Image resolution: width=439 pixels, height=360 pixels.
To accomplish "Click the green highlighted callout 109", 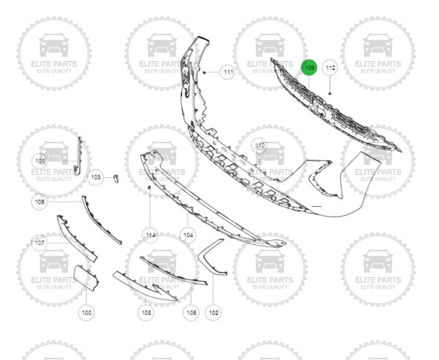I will point(309,68).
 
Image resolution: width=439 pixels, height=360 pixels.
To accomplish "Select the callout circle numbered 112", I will point(330,68).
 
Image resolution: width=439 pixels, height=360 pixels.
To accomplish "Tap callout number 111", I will point(227,72).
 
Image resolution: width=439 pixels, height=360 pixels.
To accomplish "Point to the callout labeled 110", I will point(259,145).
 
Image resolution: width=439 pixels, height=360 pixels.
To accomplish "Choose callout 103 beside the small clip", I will point(96,177).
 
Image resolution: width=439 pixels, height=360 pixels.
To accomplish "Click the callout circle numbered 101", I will point(40,161).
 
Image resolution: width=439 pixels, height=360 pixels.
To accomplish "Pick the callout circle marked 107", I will point(40,242).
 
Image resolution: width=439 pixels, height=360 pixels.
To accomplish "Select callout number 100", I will point(87,313).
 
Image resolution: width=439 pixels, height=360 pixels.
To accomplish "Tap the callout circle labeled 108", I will point(146,313).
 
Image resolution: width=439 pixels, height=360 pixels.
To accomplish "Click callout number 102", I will point(213,313).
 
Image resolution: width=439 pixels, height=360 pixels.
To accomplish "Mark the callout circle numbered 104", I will point(188,235).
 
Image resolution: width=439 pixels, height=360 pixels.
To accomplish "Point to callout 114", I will point(150,235).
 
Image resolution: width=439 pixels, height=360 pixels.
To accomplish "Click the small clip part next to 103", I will point(116,177).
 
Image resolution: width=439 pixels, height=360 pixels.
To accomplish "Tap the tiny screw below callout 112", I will point(330,93).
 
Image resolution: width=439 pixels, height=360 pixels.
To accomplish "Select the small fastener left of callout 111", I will point(205,72).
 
